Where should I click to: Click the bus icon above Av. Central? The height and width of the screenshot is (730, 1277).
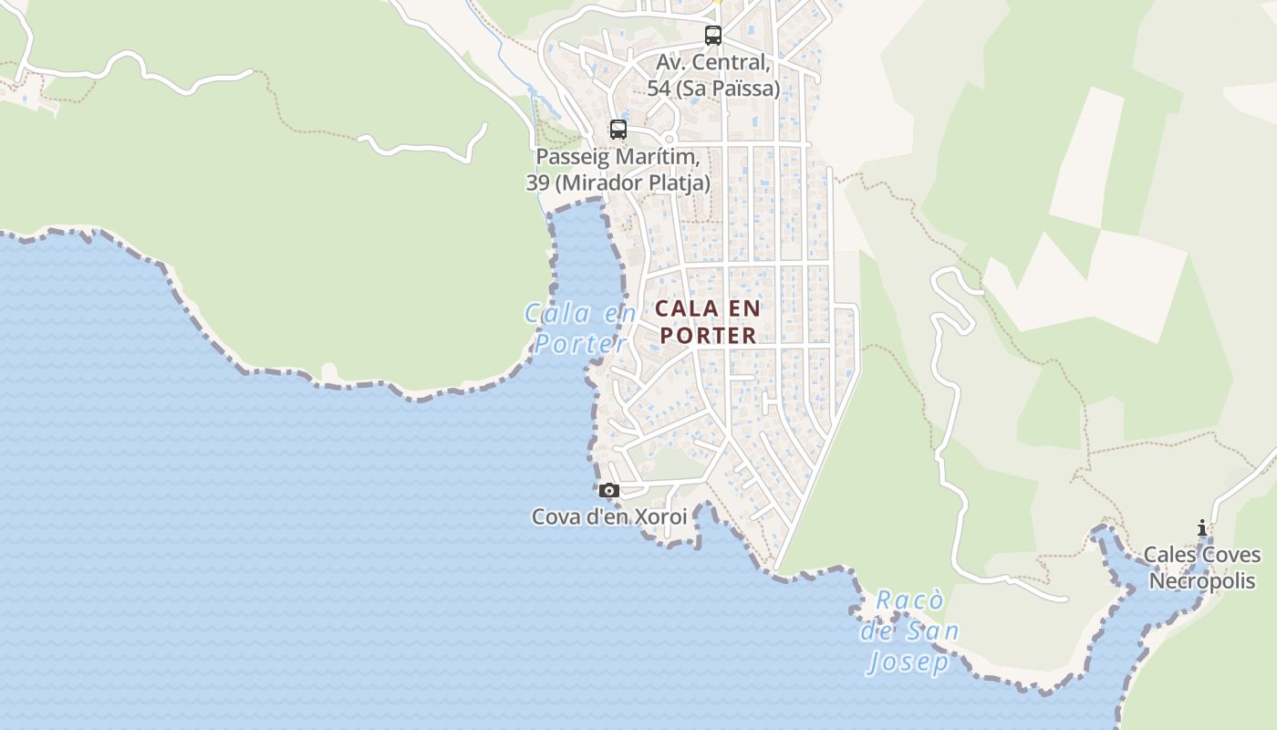713,36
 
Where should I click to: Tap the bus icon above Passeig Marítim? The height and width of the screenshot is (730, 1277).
618,130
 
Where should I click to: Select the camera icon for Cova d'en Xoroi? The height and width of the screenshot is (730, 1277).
609,491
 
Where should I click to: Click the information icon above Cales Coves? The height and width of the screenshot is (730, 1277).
1202,527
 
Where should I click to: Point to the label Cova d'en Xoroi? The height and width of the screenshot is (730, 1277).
609,517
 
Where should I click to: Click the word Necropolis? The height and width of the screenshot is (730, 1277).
1202,581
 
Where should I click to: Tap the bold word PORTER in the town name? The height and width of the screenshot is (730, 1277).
709,336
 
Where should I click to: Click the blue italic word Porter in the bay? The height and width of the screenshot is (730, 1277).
581,344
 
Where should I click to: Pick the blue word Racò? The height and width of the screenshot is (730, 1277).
908,600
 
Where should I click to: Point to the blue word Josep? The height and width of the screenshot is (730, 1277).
908,662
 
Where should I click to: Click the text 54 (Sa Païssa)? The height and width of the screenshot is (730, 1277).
713,89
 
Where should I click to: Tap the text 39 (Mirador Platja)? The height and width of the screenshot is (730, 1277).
618,182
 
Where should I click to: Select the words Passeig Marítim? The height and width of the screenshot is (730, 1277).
618,157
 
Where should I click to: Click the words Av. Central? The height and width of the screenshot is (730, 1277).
712,63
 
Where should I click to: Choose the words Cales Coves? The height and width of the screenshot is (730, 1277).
1202,555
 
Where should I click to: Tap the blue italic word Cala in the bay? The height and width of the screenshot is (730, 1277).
557,314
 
